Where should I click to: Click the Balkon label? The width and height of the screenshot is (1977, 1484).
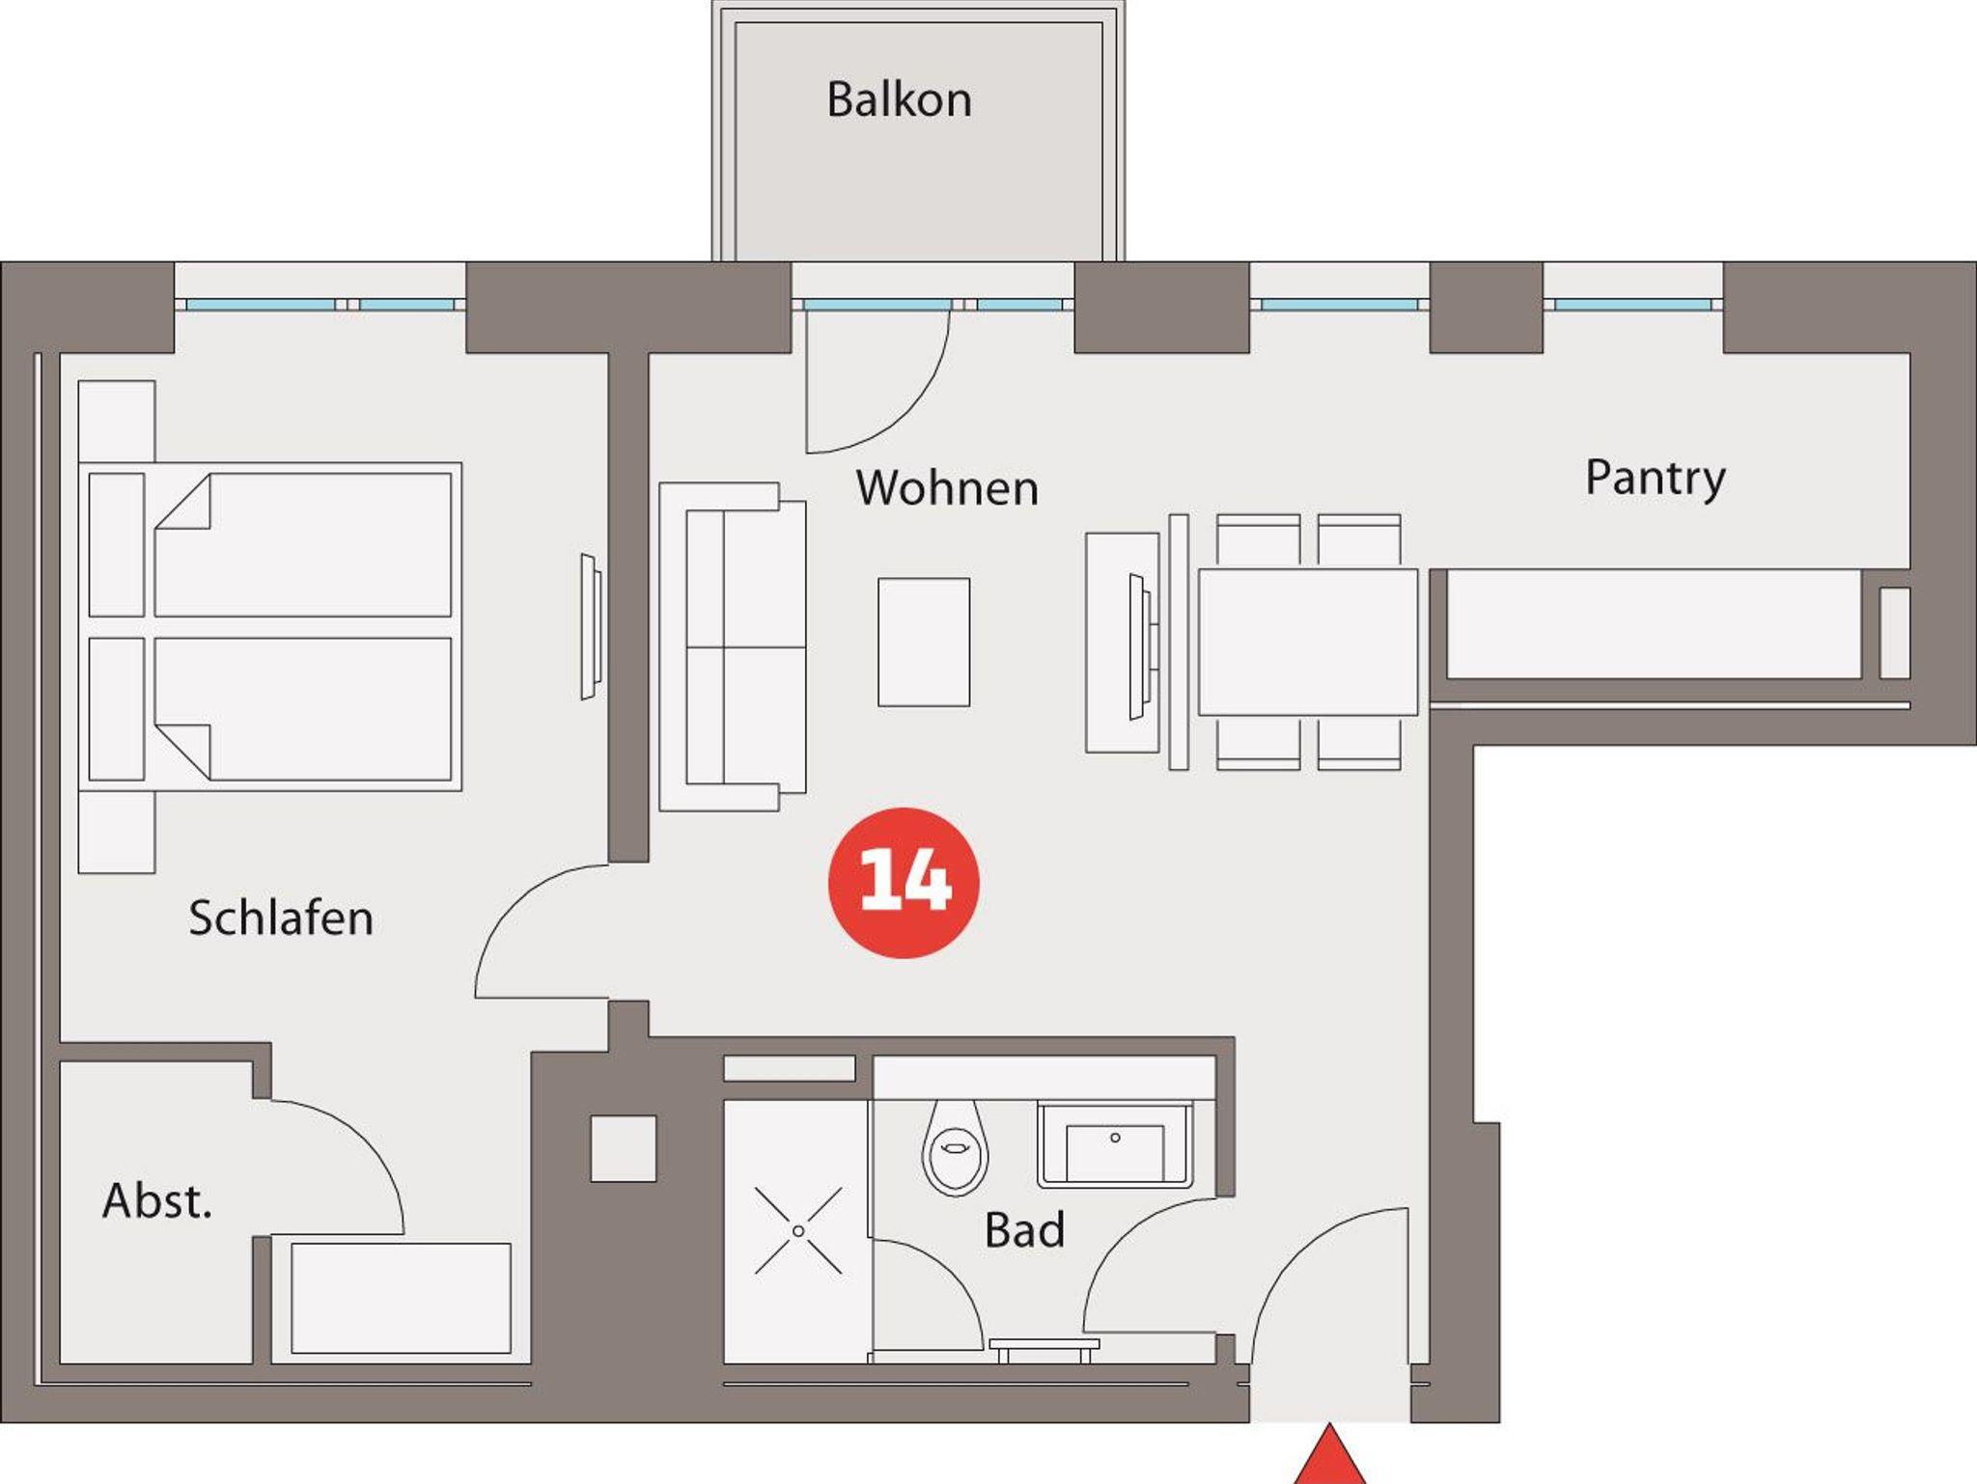tap(899, 100)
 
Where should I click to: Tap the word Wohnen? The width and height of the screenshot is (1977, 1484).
tap(947, 488)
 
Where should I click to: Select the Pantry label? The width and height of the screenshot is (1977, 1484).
tap(1656, 480)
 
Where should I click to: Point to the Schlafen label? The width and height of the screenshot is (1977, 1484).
tap(281, 918)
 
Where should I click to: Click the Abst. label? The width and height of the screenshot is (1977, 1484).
tap(157, 1201)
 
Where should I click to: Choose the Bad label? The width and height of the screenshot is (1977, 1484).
tap(1024, 1230)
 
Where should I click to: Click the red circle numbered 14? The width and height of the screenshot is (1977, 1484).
tap(904, 883)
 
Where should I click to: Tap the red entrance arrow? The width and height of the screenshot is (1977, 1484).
tap(1330, 1454)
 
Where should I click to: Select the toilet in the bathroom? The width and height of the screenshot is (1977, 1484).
tap(955, 1147)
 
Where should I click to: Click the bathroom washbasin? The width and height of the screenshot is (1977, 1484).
tap(1115, 1146)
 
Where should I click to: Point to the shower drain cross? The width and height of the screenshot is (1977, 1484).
tap(798, 1231)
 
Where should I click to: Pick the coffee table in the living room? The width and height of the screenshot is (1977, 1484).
tap(924, 643)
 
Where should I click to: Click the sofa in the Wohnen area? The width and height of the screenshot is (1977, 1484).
tap(733, 646)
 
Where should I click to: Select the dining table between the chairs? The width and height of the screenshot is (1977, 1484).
tap(1308, 643)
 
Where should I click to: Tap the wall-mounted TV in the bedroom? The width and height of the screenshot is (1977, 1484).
tap(591, 627)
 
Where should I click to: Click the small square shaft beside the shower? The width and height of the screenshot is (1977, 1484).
tap(624, 1149)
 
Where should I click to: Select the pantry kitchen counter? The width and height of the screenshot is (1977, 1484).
tap(1654, 624)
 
